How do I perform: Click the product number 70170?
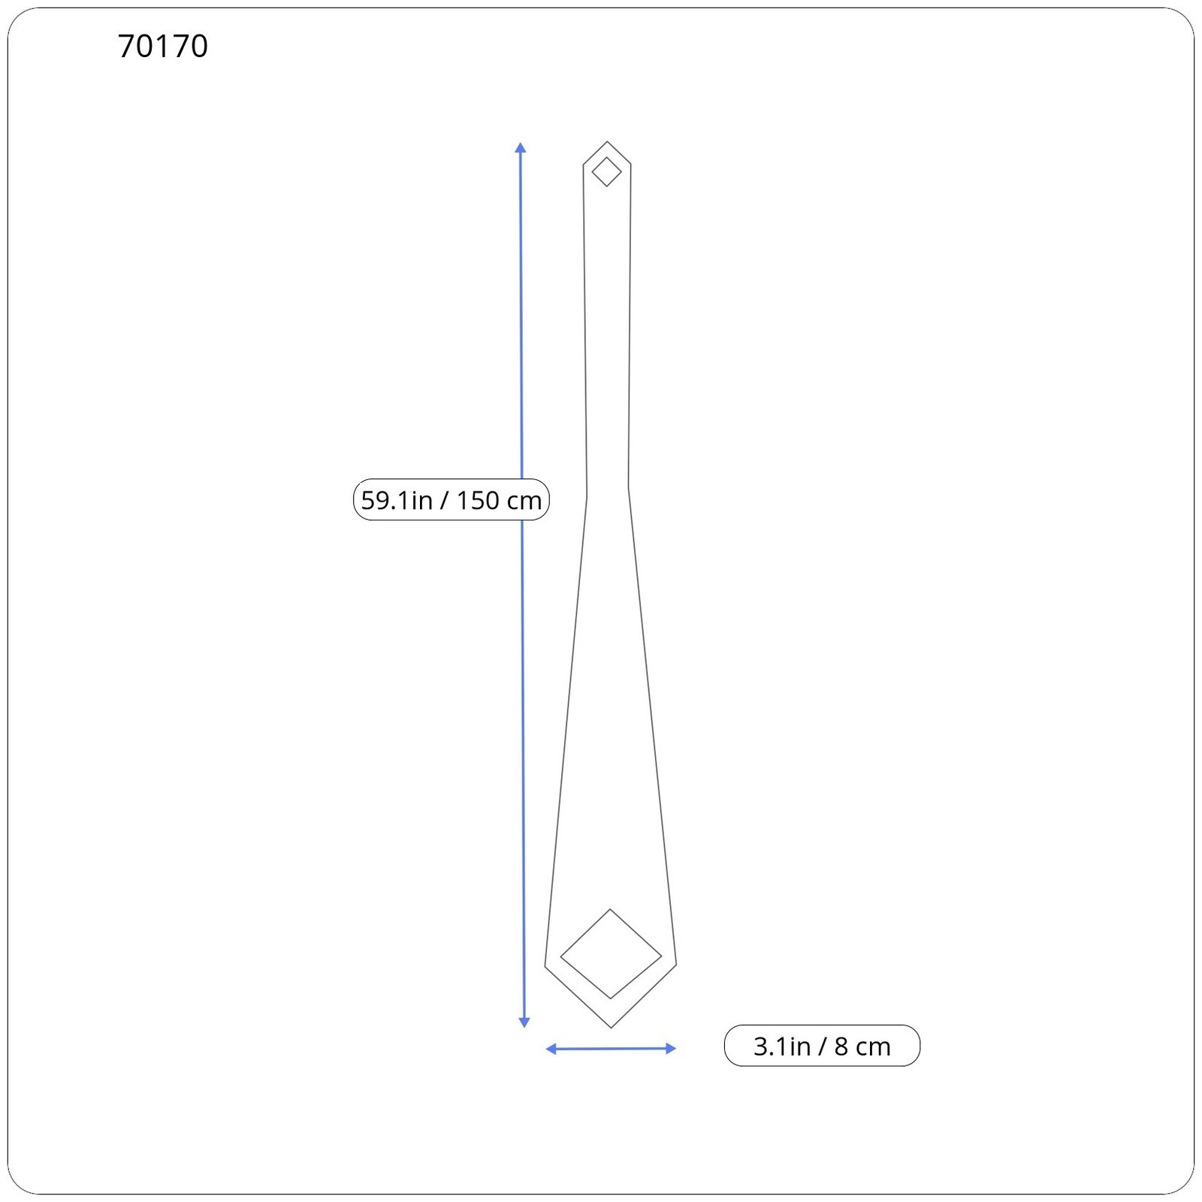163,47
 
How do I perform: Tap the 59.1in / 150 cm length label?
452,500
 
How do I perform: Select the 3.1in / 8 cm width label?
822,1046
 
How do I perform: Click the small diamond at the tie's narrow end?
607,172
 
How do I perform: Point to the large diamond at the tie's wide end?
611,954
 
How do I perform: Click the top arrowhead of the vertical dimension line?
521,147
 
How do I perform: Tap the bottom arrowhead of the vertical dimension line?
524,1022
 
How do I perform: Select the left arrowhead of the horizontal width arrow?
551,1049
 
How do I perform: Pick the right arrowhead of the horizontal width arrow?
671,1049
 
